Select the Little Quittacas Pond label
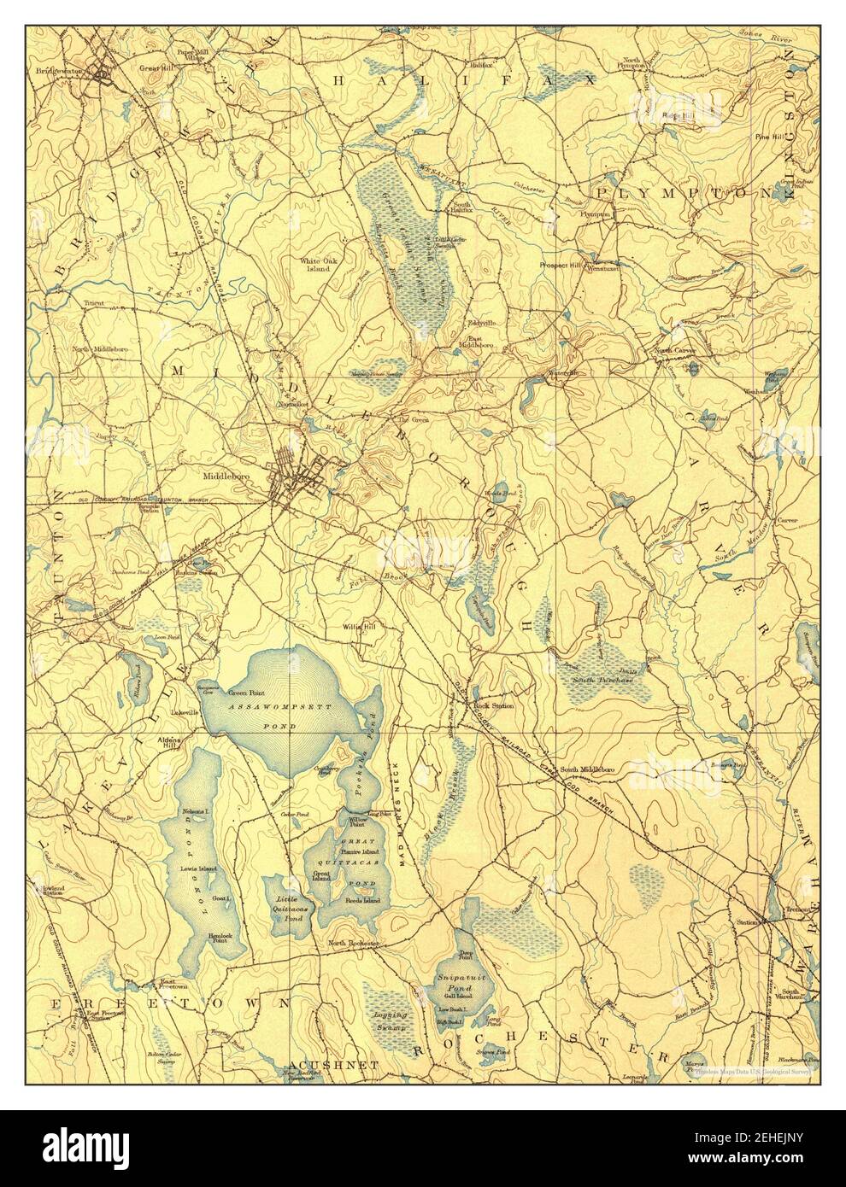[x=287, y=904]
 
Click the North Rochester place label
[x=354, y=944]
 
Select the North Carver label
[x=674, y=350]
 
